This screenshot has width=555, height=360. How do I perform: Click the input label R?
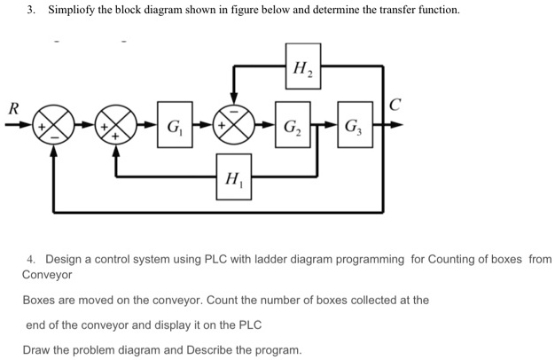pos(12,108)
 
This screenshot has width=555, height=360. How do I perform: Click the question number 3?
pos(30,11)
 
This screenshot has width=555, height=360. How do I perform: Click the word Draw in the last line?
pos(37,349)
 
